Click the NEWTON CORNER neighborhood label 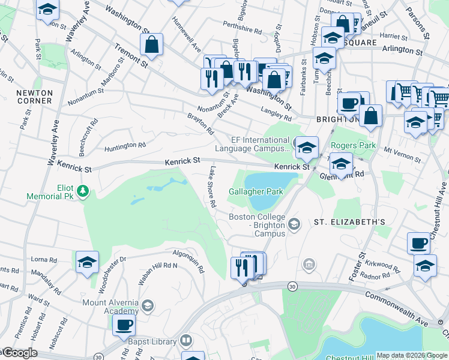pyautogui.click(x=34, y=97)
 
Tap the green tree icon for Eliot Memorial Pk pyautogui.click(x=83, y=191)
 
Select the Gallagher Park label pyautogui.click(x=255, y=191)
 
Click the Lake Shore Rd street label pyautogui.click(x=211, y=187)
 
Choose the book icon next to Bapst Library pyautogui.click(x=186, y=341)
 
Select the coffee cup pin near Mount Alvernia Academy pyautogui.click(x=124, y=325)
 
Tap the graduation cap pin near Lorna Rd pyautogui.click(x=87, y=262)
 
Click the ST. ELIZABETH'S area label pyautogui.click(x=349, y=222)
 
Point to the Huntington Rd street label pyautogui.click(x=125, y=145)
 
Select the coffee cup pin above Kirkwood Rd pyautogui.click(x=418, y=243)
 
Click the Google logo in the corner pyautogui.click(x=19, y=353)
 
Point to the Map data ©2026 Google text pyautogui.click(x=411, y=355)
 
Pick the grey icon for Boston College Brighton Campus pyautogui.click(x=294, y=224)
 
